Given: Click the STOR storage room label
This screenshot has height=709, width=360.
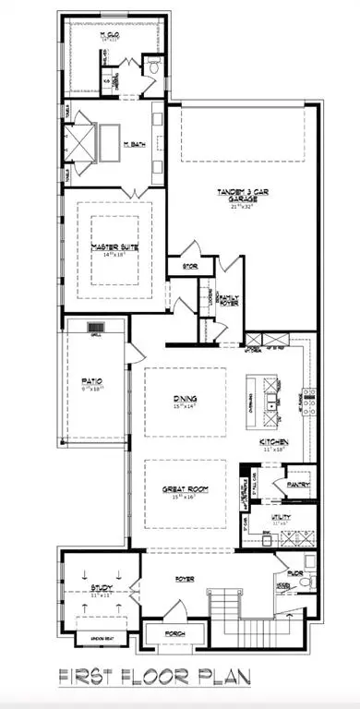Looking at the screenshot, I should tap(179, 267).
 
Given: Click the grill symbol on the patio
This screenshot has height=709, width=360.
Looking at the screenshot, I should tap(96, 327).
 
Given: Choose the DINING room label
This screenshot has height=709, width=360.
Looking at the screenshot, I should tap(183, 399).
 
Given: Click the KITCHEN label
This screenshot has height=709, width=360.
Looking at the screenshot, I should tap(274, 443).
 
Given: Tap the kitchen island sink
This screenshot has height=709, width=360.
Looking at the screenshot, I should tap(274, 403).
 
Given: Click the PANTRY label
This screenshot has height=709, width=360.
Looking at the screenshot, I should tap(297, 483).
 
